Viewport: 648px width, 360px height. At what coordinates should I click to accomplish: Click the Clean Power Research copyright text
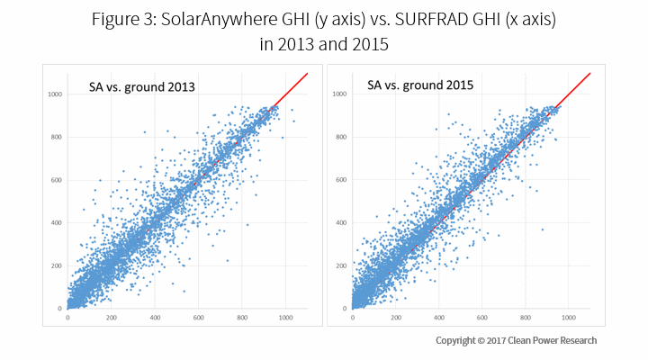coord(516,340)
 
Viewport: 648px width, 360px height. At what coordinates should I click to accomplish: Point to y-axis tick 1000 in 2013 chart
coord(54,94)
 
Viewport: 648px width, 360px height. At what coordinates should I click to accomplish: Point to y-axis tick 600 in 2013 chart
coord(56,180)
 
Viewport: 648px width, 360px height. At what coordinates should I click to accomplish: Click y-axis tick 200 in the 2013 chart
coord(56,265)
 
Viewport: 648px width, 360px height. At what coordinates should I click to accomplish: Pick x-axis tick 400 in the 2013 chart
coord(155,318)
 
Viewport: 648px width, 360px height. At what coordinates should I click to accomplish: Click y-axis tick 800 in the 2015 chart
coord(340,137)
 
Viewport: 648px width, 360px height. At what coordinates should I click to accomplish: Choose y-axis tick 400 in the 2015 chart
coord(340,222)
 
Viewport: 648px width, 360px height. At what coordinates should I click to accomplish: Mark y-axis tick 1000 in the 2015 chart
coord(338,94)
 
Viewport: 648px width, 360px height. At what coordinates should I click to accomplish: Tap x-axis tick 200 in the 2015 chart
coord(395,318)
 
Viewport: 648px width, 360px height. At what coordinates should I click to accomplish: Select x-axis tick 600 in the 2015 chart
coord(482,318)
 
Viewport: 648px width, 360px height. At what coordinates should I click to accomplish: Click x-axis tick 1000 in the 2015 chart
coord(570,318)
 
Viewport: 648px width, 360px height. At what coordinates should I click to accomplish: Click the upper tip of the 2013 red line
coord(308,73)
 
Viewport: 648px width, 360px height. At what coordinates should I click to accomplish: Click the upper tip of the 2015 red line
coord(590,73)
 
